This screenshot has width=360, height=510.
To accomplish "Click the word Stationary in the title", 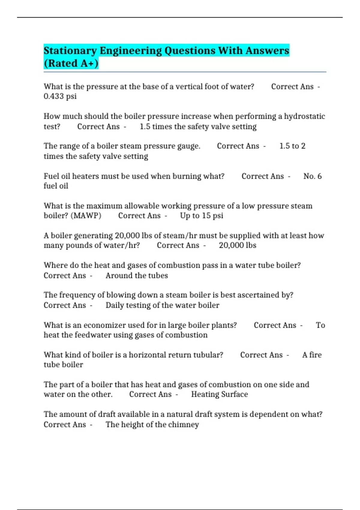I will click(70, 51).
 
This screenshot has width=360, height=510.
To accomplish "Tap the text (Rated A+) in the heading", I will click(71, 64).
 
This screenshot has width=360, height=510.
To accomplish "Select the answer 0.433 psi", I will click(60, 96).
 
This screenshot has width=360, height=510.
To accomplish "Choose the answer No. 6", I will click(312, 176).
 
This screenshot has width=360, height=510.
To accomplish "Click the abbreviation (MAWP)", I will click(86, 216).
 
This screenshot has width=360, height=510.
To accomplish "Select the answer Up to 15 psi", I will click(202, 216).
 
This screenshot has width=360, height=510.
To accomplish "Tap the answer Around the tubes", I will click(136, 276).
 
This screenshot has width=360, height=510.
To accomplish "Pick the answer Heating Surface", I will click(220, 394).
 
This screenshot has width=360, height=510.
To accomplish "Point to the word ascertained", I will click(254, 295).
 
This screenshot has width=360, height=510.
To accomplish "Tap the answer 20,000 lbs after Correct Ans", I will click(238, 245).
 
